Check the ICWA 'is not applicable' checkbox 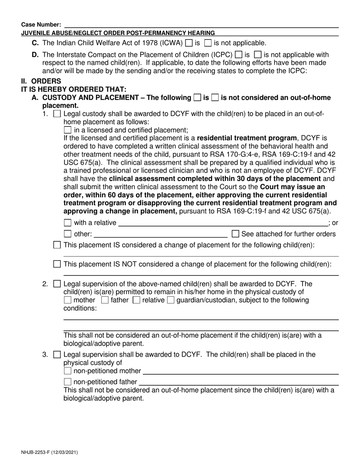208,43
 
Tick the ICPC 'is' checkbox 239,55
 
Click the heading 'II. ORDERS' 41,81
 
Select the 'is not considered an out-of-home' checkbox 215,98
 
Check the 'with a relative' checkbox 68,223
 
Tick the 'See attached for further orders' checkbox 235,234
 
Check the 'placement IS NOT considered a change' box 57,264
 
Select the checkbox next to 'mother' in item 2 68,300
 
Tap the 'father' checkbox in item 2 105,300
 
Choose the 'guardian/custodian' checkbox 171,300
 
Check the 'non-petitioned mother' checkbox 68,371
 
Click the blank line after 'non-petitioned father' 239,382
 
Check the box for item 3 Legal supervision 57,355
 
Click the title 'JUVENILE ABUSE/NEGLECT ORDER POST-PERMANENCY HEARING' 118,33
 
